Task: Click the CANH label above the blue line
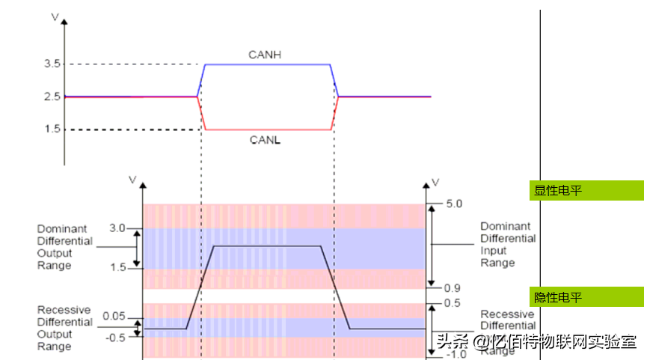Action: (264, 55)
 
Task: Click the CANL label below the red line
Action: (264, 140)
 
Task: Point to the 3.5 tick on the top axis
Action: (52, 64)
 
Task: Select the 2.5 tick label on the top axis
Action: (52, 97)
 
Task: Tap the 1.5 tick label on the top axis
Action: (52, 129)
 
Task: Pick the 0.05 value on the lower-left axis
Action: (114, 316)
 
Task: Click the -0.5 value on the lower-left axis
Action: (116, 338)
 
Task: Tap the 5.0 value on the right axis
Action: (455, 203)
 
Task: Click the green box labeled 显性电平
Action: (586, 190)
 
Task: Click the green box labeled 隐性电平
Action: (586, 297)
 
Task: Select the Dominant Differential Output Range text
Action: (65, 247)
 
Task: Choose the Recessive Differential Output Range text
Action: (64, 328)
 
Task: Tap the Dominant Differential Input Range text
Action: (508, 244)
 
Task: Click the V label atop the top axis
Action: (53, 15)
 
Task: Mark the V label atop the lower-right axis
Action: (436, 182)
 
